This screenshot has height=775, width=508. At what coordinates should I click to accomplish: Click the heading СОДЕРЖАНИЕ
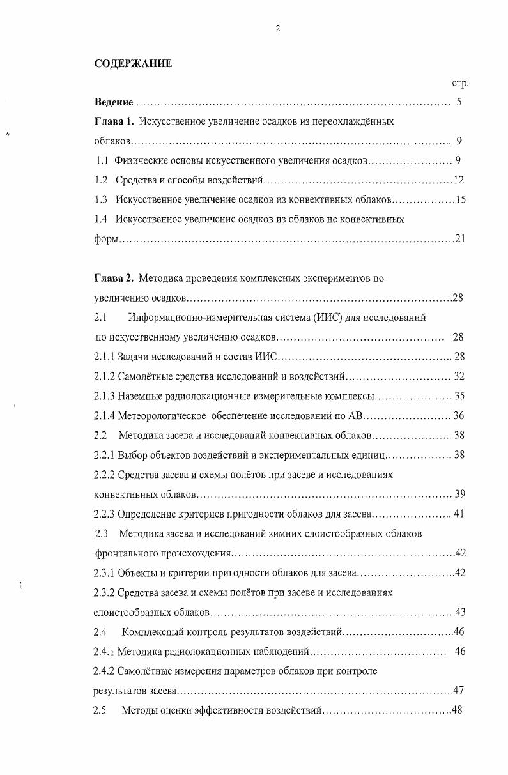click(x=133, y=63)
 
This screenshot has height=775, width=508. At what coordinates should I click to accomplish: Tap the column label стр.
click(x=460, y=84)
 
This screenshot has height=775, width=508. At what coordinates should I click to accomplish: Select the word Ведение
click(x=114, y=102)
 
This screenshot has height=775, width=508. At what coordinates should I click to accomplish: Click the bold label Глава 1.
click(x=114, y=121)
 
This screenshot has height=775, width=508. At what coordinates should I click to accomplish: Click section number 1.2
click(x=100, y=180)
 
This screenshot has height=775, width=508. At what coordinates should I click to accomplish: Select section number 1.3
click(x=100, y=200)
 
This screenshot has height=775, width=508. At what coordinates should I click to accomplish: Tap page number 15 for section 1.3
click(x=460, y=200)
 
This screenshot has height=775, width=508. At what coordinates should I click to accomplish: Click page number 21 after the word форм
click(x=460, y=239)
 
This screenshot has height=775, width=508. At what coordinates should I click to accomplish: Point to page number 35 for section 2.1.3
click(x=458, y=396)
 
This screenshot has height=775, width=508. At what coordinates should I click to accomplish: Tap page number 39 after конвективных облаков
click(x=458, y=495)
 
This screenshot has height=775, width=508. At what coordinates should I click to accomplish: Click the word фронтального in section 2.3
click(x=126, y=553)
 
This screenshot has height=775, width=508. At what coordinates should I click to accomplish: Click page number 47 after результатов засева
click(x=458, y=691)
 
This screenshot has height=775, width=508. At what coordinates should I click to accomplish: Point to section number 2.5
click(x=100, y=710)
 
